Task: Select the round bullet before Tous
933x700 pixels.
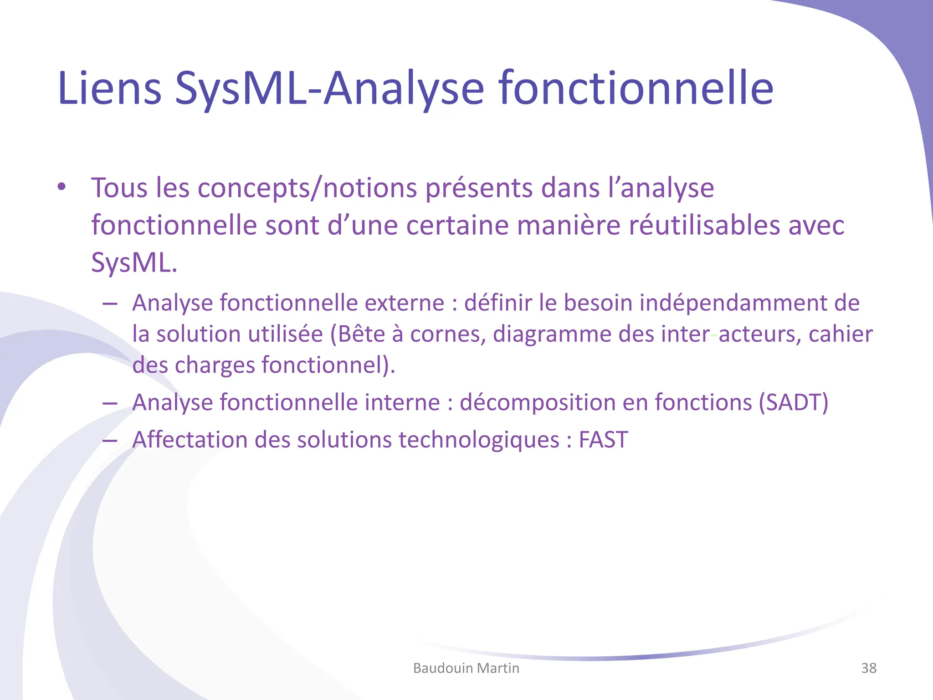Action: tap(62, 187)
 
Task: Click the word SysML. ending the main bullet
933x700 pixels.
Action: tap(134, 263)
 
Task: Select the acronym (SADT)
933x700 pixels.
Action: tap(793, 402)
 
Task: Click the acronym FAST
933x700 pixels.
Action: tap(603, 440)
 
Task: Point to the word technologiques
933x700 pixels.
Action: tap(479, 440)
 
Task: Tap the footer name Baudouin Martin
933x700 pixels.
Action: tap(466, 668)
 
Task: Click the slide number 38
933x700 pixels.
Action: tap(869, 668)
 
